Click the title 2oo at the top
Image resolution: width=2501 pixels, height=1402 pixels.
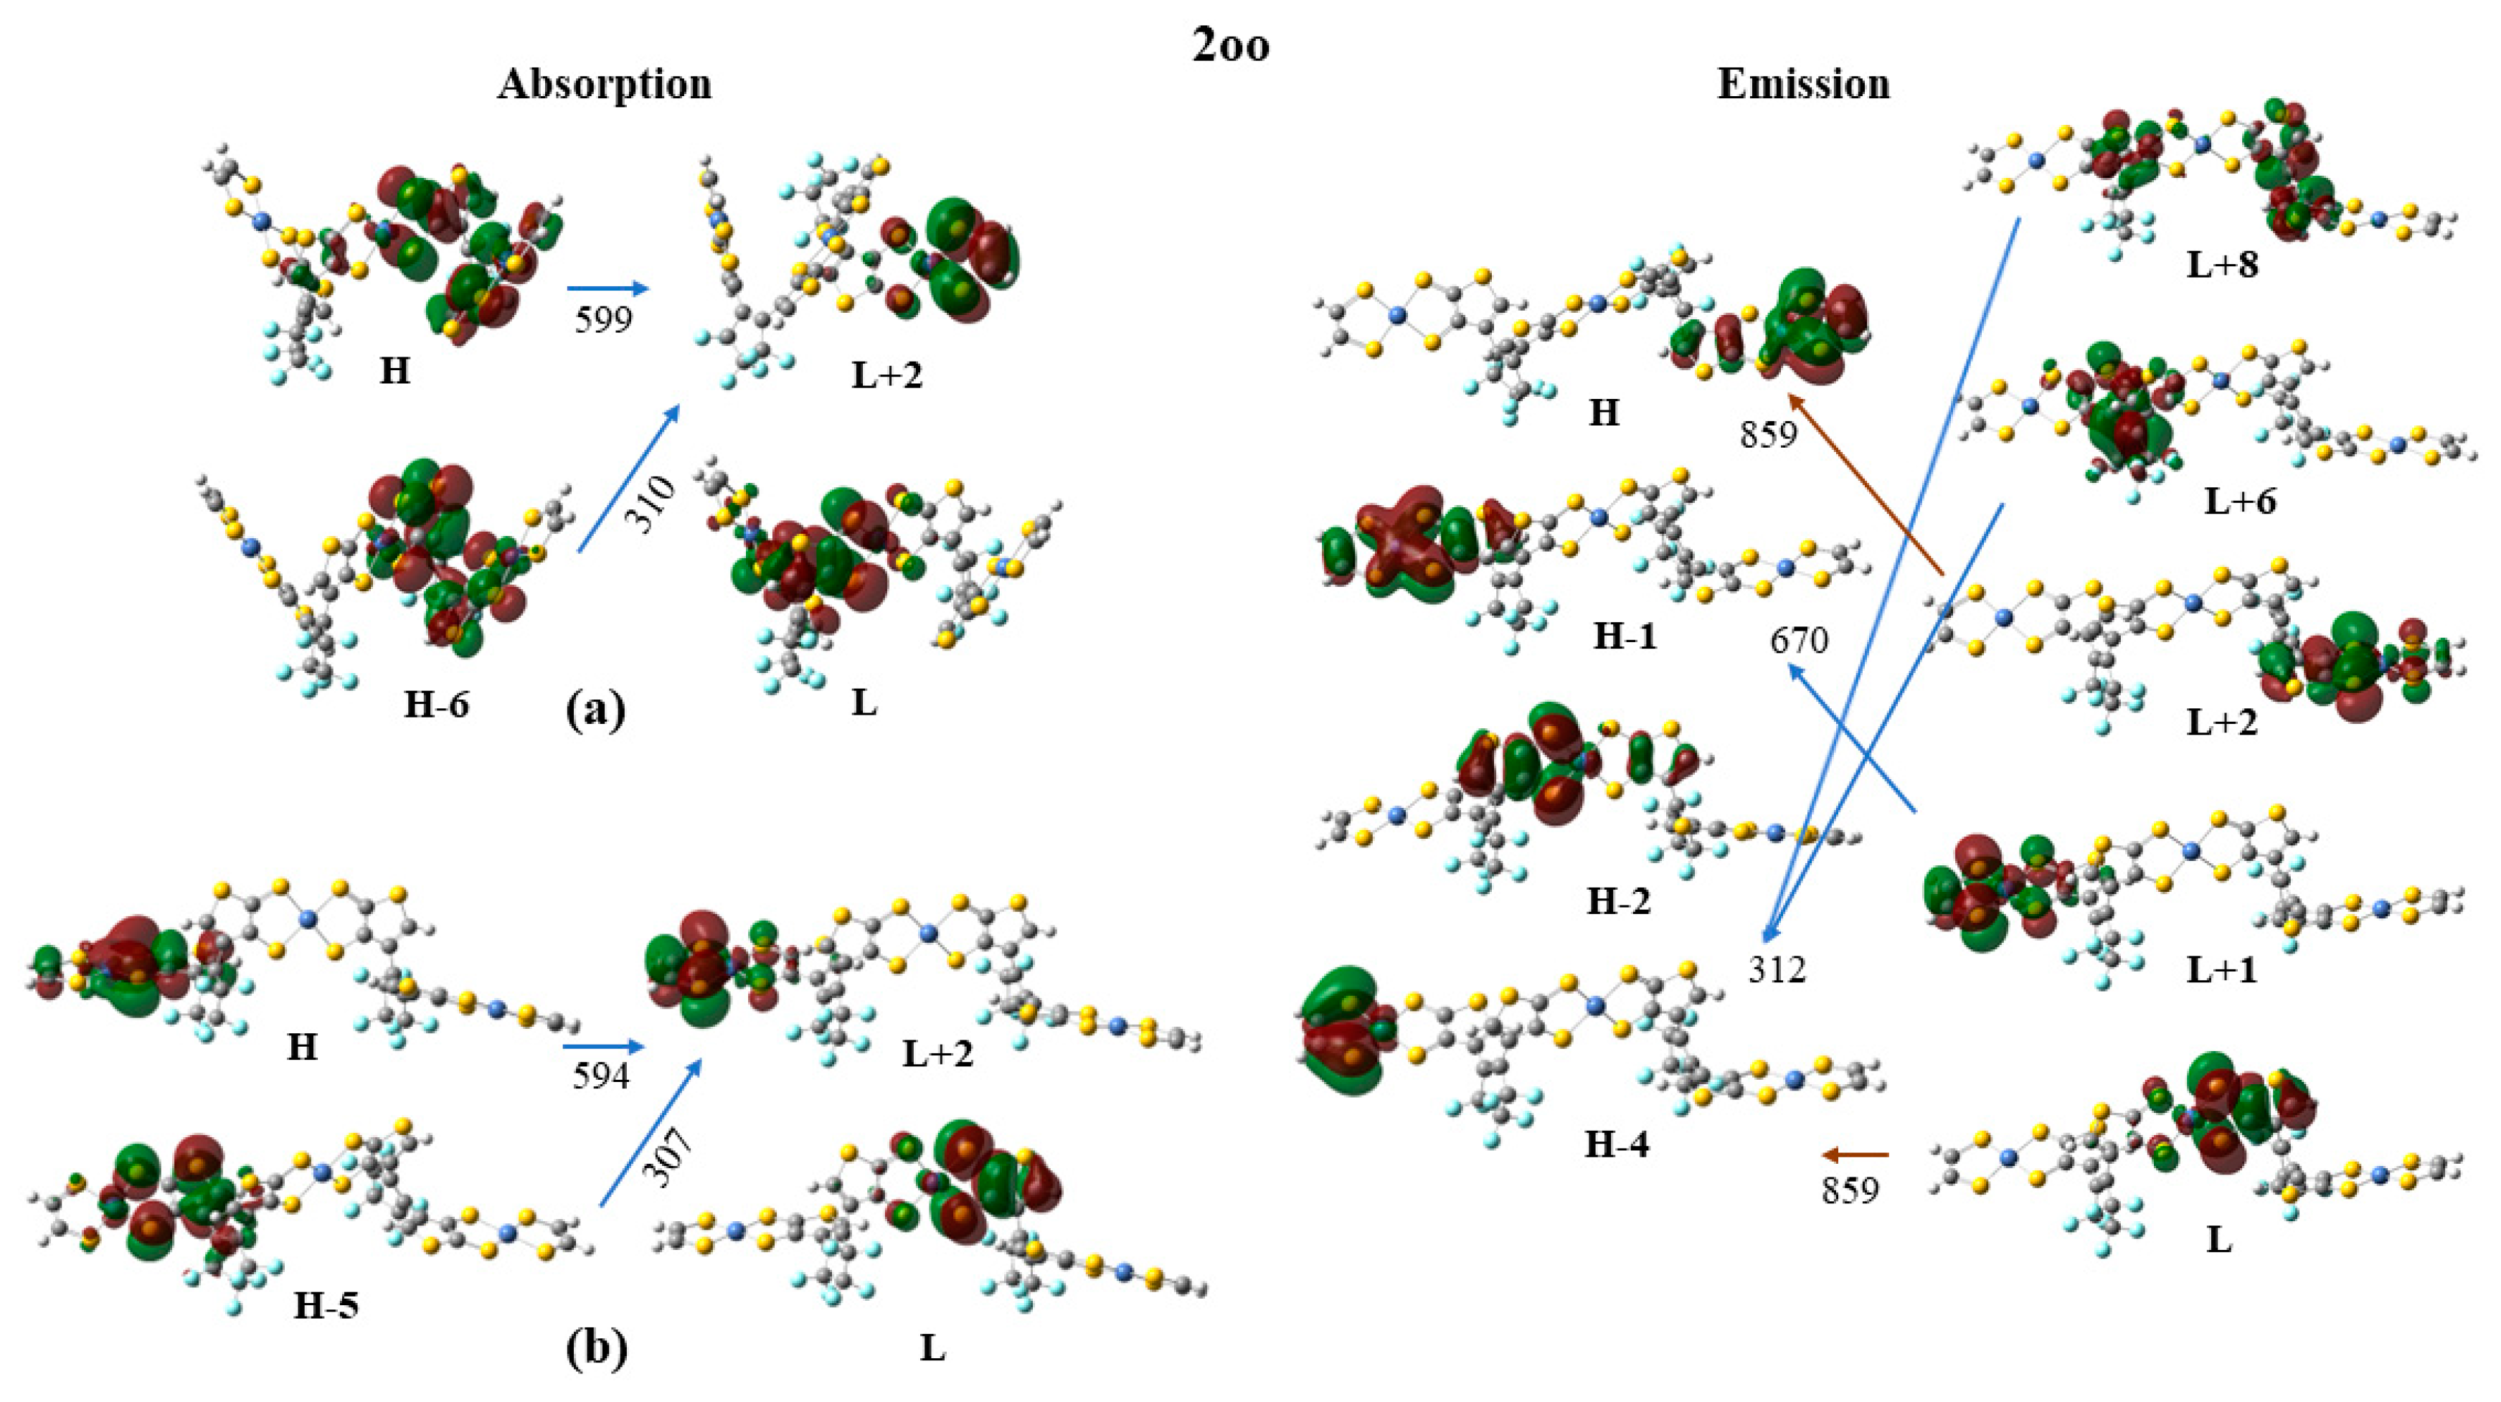tap(1230, 46)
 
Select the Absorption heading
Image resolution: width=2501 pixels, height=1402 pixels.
tap(604, 85)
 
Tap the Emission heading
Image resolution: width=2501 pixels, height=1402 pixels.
tap(1803, 85)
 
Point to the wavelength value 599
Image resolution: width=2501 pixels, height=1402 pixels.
tap(603, 319)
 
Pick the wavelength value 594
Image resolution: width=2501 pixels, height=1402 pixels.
tap(601, 1076)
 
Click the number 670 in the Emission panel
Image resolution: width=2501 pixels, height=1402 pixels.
tap(1799, 641)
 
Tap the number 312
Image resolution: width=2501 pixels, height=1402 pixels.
tap(1777, 969)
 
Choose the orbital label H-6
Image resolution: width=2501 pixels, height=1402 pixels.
tap(436, 705)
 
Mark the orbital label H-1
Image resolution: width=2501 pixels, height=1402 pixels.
tap(1625, 636)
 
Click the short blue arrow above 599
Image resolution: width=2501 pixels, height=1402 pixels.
tap(607, 288)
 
